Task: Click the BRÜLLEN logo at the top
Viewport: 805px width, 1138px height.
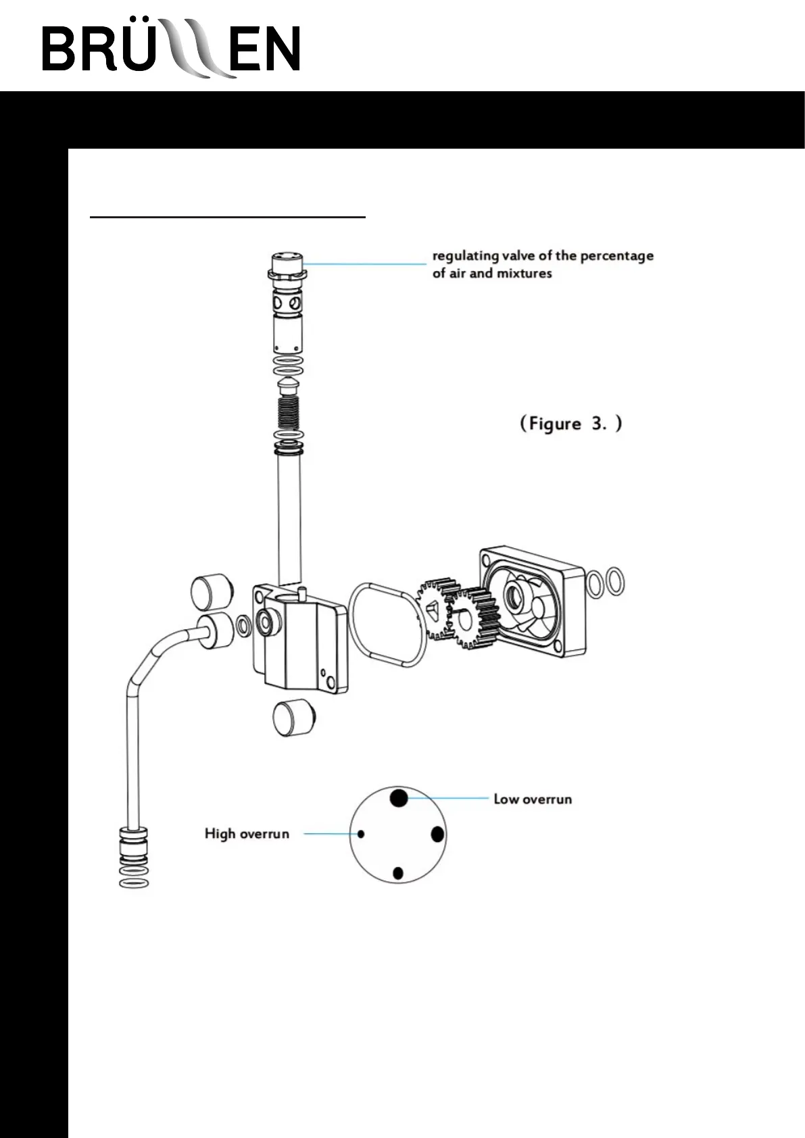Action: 171,49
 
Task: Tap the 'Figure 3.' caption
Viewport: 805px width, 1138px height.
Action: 570,424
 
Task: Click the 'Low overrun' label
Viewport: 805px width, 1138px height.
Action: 533,799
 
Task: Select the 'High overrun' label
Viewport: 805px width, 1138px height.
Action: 247,834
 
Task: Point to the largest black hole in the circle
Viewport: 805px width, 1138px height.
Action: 399,797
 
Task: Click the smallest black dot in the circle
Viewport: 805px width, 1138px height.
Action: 361,834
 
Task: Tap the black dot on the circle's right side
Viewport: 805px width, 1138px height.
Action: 438,834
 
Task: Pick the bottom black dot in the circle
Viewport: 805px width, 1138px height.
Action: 398,873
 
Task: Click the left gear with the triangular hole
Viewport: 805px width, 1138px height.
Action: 436,608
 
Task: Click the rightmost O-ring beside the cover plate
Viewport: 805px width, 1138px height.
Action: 615,582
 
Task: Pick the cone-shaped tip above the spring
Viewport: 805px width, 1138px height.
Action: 288,386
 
